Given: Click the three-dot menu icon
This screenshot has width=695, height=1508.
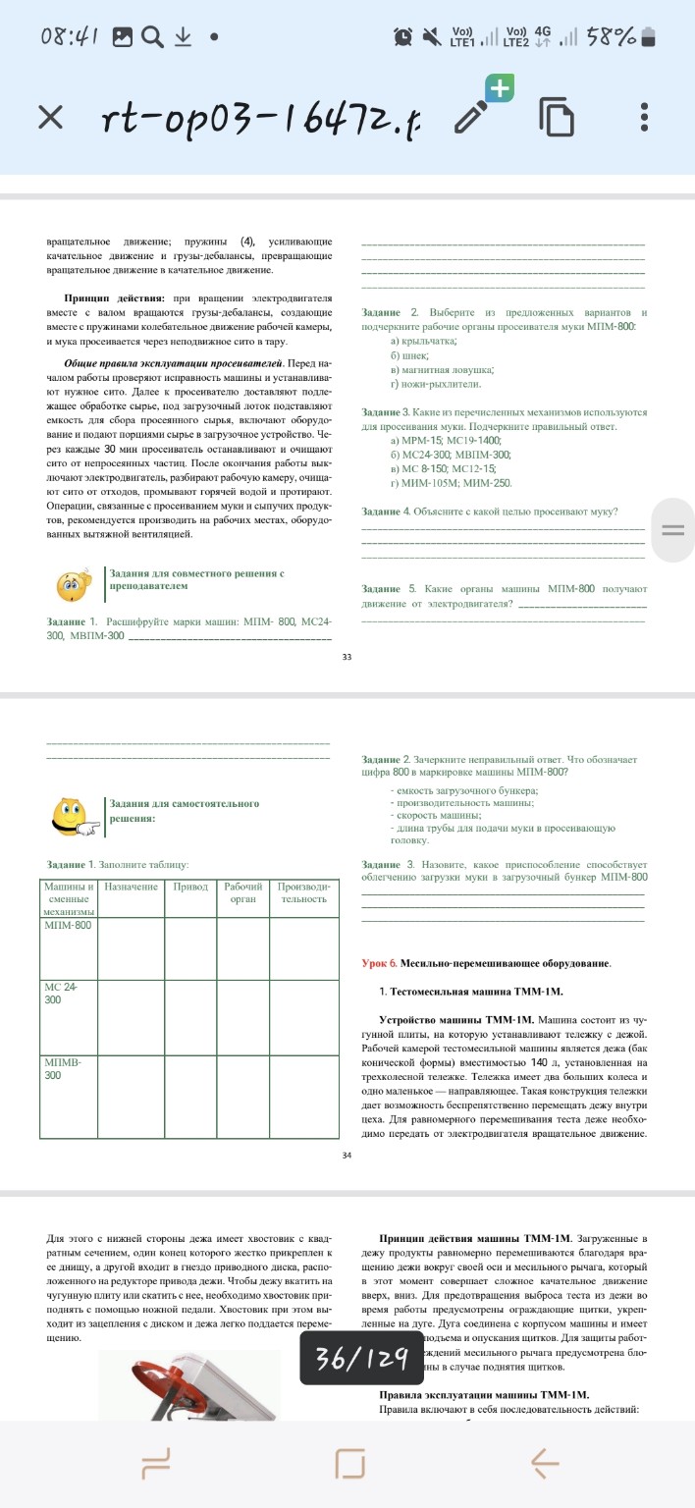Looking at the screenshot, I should [x=644, y=117].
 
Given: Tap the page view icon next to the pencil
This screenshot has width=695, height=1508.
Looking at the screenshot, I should [x=557, y=117].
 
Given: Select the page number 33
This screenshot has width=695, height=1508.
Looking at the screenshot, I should [x=347, y=656].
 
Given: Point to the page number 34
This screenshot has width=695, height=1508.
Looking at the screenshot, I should [x=347, y=1155].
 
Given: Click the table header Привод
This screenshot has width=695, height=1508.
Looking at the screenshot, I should [x=190, y=887].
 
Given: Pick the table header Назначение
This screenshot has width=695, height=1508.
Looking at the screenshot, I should [x=132, y=887].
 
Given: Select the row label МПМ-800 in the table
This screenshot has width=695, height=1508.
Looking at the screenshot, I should [x=68, y=925].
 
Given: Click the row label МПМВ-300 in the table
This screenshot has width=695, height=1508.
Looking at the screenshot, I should [x=61, y=1069].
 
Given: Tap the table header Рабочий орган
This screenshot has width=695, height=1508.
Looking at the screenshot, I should [x=242, y=892].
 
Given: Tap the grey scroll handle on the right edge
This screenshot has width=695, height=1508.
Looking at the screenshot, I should [x=672, y=530].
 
